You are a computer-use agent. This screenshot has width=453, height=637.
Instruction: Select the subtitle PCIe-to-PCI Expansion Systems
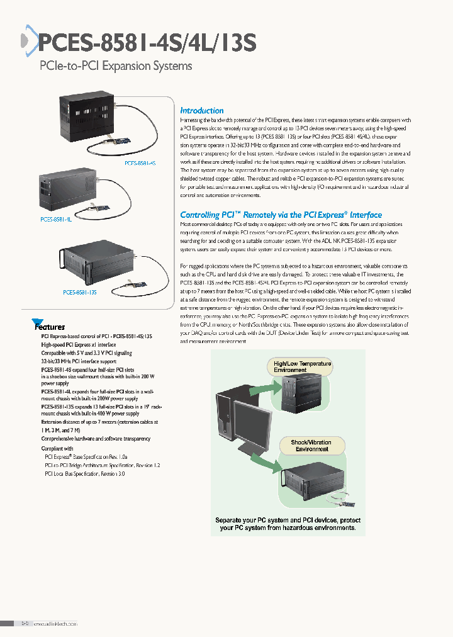(x=116, y=66)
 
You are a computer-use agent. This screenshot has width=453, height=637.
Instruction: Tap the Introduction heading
(x=201, y=110)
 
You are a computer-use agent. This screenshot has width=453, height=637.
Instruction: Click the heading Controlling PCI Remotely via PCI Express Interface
(x=281, y=215)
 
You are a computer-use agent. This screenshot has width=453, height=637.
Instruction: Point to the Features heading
(x=49, y=326)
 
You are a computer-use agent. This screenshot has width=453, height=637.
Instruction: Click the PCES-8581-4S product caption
(x=139, y=162)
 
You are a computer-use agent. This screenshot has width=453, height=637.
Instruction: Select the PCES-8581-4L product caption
(x=55, y=219)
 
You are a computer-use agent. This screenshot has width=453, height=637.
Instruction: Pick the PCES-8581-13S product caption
(x=80, y=292)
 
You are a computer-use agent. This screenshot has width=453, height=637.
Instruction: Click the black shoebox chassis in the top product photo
(x=87, y=118)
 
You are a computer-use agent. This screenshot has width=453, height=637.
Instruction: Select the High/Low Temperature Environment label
(x=302, y=367)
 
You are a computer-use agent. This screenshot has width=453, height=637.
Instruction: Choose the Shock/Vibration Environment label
(x=310, y=446)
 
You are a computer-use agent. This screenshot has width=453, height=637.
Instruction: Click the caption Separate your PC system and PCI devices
(x=288, y=524)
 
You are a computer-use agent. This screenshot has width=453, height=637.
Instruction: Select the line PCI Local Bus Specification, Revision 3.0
(x=84, y=473)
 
